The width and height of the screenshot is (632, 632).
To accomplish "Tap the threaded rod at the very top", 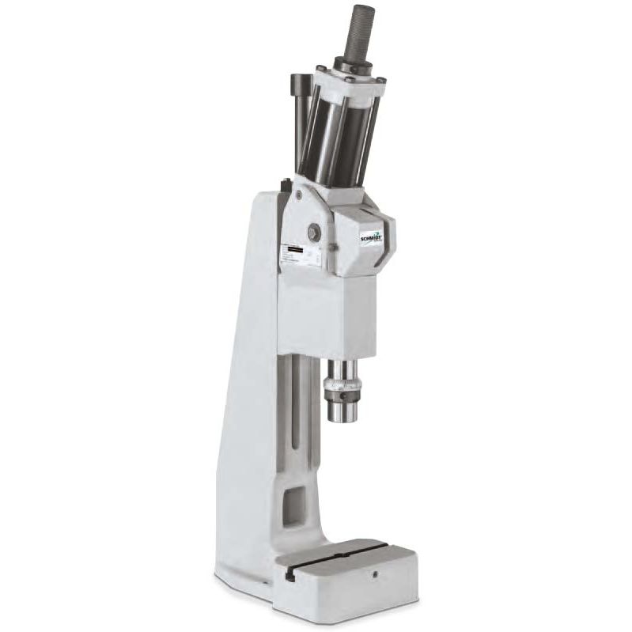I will (362, 28).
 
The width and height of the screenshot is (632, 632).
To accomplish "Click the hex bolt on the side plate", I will (314, 232).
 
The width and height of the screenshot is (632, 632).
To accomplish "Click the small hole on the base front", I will (376, 573).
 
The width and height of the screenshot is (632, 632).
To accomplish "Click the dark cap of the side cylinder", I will (301, 82).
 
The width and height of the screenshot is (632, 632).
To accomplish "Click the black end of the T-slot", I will (290, 573).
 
